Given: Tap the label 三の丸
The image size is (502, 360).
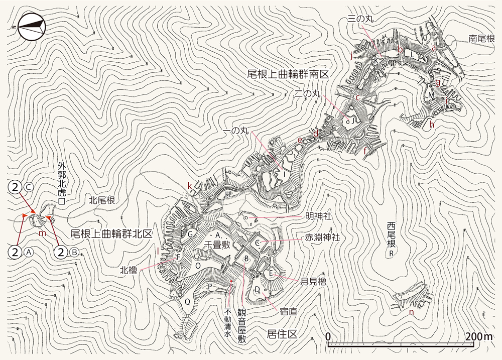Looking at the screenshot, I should point(361,19).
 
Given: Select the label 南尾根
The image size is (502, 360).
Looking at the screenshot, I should point(482,38).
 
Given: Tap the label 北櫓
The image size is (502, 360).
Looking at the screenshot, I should point(129,268).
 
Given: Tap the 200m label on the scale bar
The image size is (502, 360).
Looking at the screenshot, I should point(478,335).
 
